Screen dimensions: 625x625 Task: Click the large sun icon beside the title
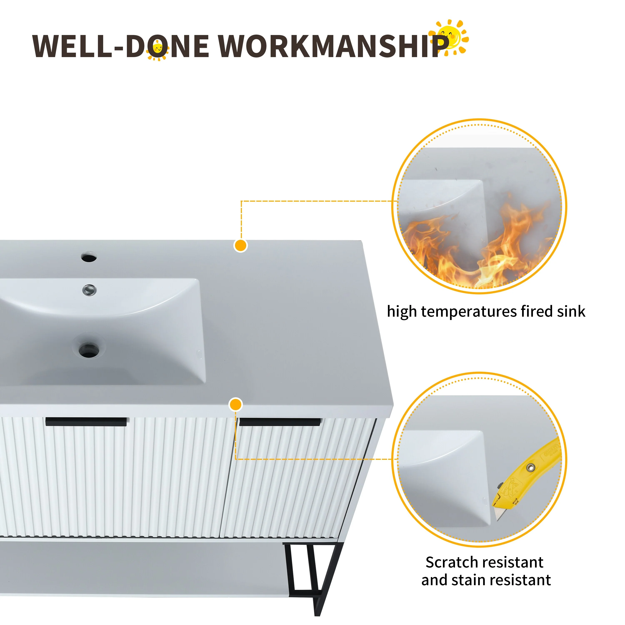click(449, 37)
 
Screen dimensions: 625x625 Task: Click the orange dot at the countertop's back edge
click(241, 246)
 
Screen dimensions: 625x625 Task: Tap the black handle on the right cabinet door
click(280, 422)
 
